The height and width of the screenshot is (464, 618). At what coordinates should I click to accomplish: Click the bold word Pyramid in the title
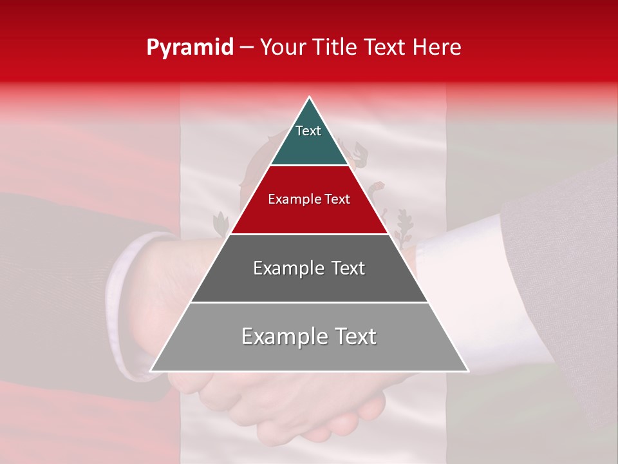coord(190,48)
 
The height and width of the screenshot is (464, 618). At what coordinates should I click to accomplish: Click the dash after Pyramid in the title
coord(247,48)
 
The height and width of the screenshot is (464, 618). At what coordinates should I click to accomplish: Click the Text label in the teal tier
coord(308,131)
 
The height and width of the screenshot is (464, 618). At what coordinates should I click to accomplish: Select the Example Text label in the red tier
coord(309,199)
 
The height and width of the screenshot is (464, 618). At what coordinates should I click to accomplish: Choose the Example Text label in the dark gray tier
coord(309,268)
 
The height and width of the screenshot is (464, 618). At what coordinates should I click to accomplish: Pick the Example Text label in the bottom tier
coord(309,336)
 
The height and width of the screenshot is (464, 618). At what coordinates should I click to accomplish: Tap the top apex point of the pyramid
coord(310,97)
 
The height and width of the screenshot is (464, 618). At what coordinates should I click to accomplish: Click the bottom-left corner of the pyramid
coord(151,371)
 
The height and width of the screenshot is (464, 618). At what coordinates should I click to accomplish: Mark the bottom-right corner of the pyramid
coord(467,371)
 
